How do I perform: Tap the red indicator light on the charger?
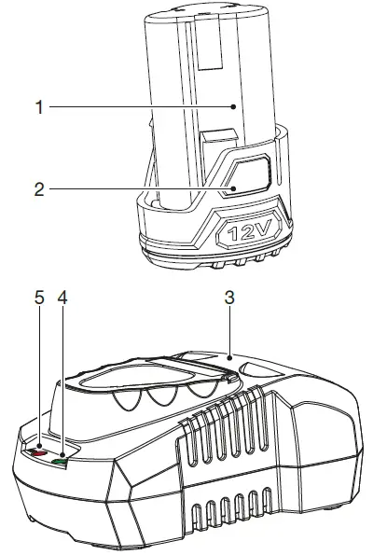click(38, 451)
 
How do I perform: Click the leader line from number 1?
click(140, 107)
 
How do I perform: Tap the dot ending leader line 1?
click(236, 107)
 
